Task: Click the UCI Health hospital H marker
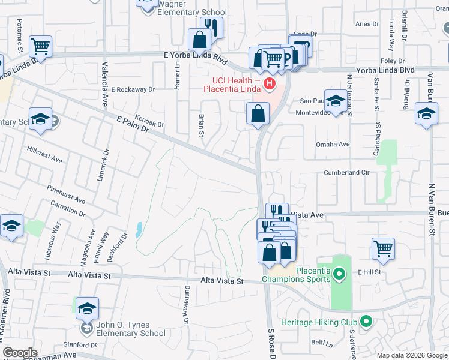[x=270, y=83]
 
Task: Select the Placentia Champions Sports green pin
[x=339, y=275]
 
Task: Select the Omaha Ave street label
[x=333, y=145]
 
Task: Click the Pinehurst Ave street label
[x=66, y=193]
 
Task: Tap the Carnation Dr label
[x=68, y=207]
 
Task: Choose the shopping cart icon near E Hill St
[x=383, y=248]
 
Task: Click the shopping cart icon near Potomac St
[x=40, y=46]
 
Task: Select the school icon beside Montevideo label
[x=336, y=100]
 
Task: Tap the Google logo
[x=20, y=353]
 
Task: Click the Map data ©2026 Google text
[x=412, y=355]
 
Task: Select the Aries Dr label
[x=367, y=25]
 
